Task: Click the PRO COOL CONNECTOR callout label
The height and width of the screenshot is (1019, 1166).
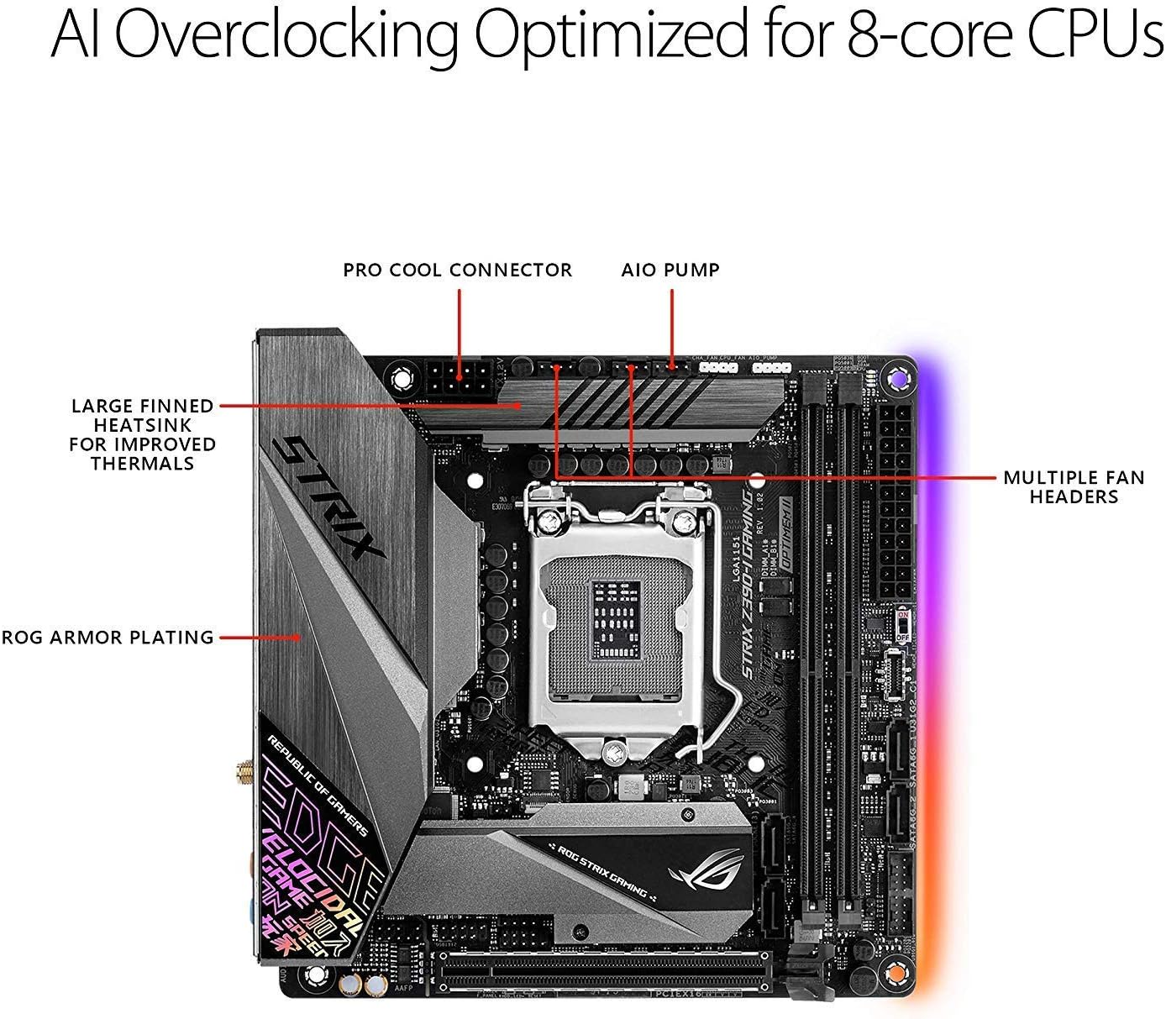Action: (x=457, y=271)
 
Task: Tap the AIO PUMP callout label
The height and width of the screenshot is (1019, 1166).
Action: (x=670, y=271)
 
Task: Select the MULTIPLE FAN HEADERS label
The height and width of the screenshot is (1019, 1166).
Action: (x=1074, y=487)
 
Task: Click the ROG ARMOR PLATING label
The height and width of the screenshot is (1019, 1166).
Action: (x=108, y=638)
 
